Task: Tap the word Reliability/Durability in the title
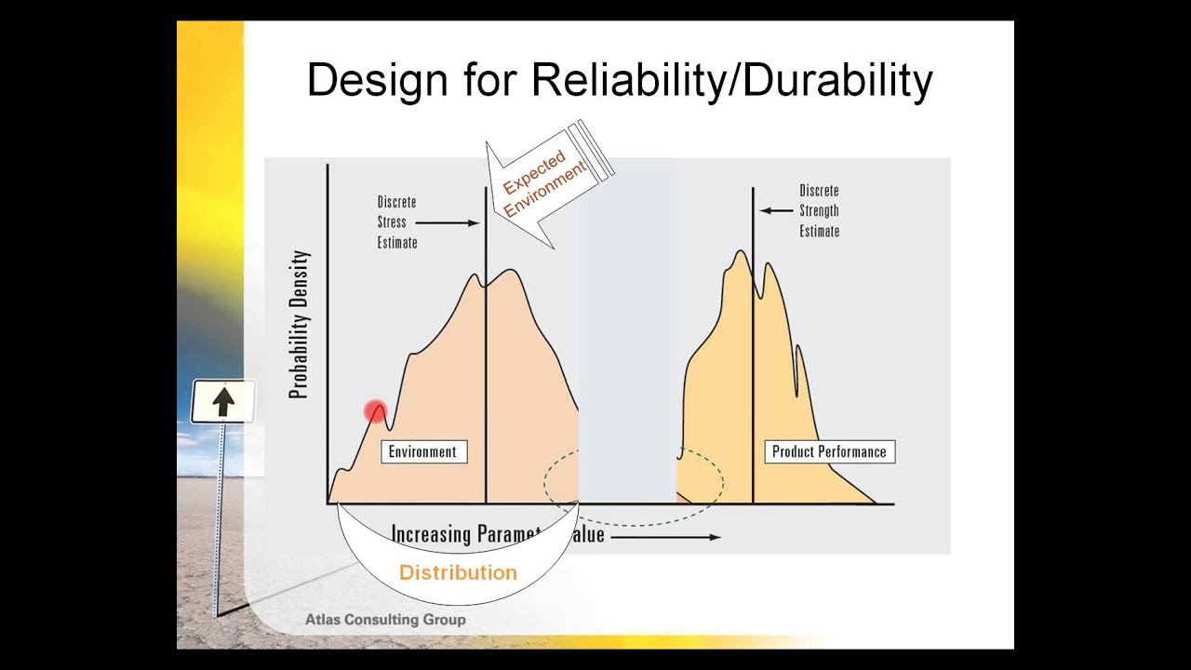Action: pos(731,81)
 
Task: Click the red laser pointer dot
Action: pos(376,411)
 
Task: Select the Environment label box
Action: pos(422,452)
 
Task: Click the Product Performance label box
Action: pos(829,452)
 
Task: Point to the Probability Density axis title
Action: pos(299,325)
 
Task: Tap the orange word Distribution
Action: pos(458,573)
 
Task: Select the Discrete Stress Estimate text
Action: pos(397,222)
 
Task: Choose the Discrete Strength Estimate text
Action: pos(820,210)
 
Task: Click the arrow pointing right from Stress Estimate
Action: pos(447,222)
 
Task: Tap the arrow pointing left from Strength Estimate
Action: pos(776,210)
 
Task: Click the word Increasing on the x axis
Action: pos(432,534)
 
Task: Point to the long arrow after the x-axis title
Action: pos(664,537)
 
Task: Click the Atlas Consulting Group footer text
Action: pos(385,620)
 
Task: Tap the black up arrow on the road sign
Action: pos(223,402)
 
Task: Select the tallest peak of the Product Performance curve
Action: pos(741,252)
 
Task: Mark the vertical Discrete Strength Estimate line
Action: pos(753,372)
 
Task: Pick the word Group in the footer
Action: pos(445,620)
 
